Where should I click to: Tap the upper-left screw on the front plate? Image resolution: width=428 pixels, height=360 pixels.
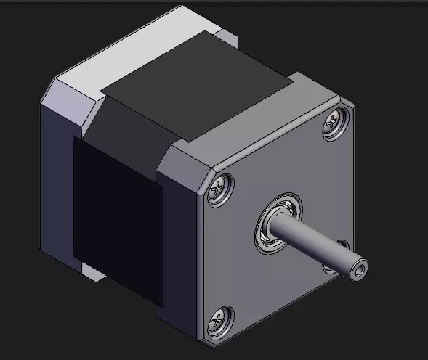[x=220, y=189]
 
